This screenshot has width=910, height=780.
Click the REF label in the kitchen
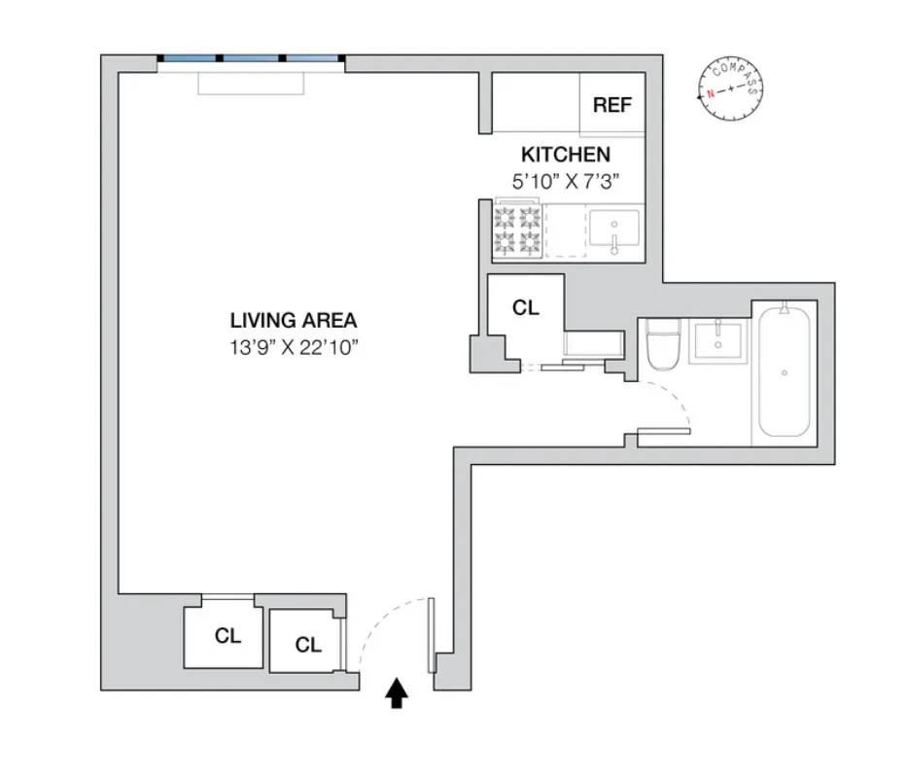coord(612,105)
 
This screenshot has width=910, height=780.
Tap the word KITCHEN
coord(566,155)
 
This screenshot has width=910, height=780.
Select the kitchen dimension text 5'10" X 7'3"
coord(566,180)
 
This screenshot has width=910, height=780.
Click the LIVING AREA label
coord(294,320)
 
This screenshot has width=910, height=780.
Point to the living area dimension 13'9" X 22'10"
coord(294,347)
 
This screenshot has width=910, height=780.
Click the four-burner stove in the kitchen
coord(517,230)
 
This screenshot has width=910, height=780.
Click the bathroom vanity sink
coord(717,339)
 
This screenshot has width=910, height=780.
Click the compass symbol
coord(730,89)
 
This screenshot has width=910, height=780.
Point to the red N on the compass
coord(711,93)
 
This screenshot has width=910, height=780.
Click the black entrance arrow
coord(397,693)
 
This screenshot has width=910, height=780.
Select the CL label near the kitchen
coord(525,308)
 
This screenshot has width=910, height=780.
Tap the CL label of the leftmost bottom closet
coord(227,636)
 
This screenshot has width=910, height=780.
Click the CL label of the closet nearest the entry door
coord(308,644)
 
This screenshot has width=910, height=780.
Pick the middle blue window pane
coord(252,59)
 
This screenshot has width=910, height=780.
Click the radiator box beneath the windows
coord(252,83)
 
